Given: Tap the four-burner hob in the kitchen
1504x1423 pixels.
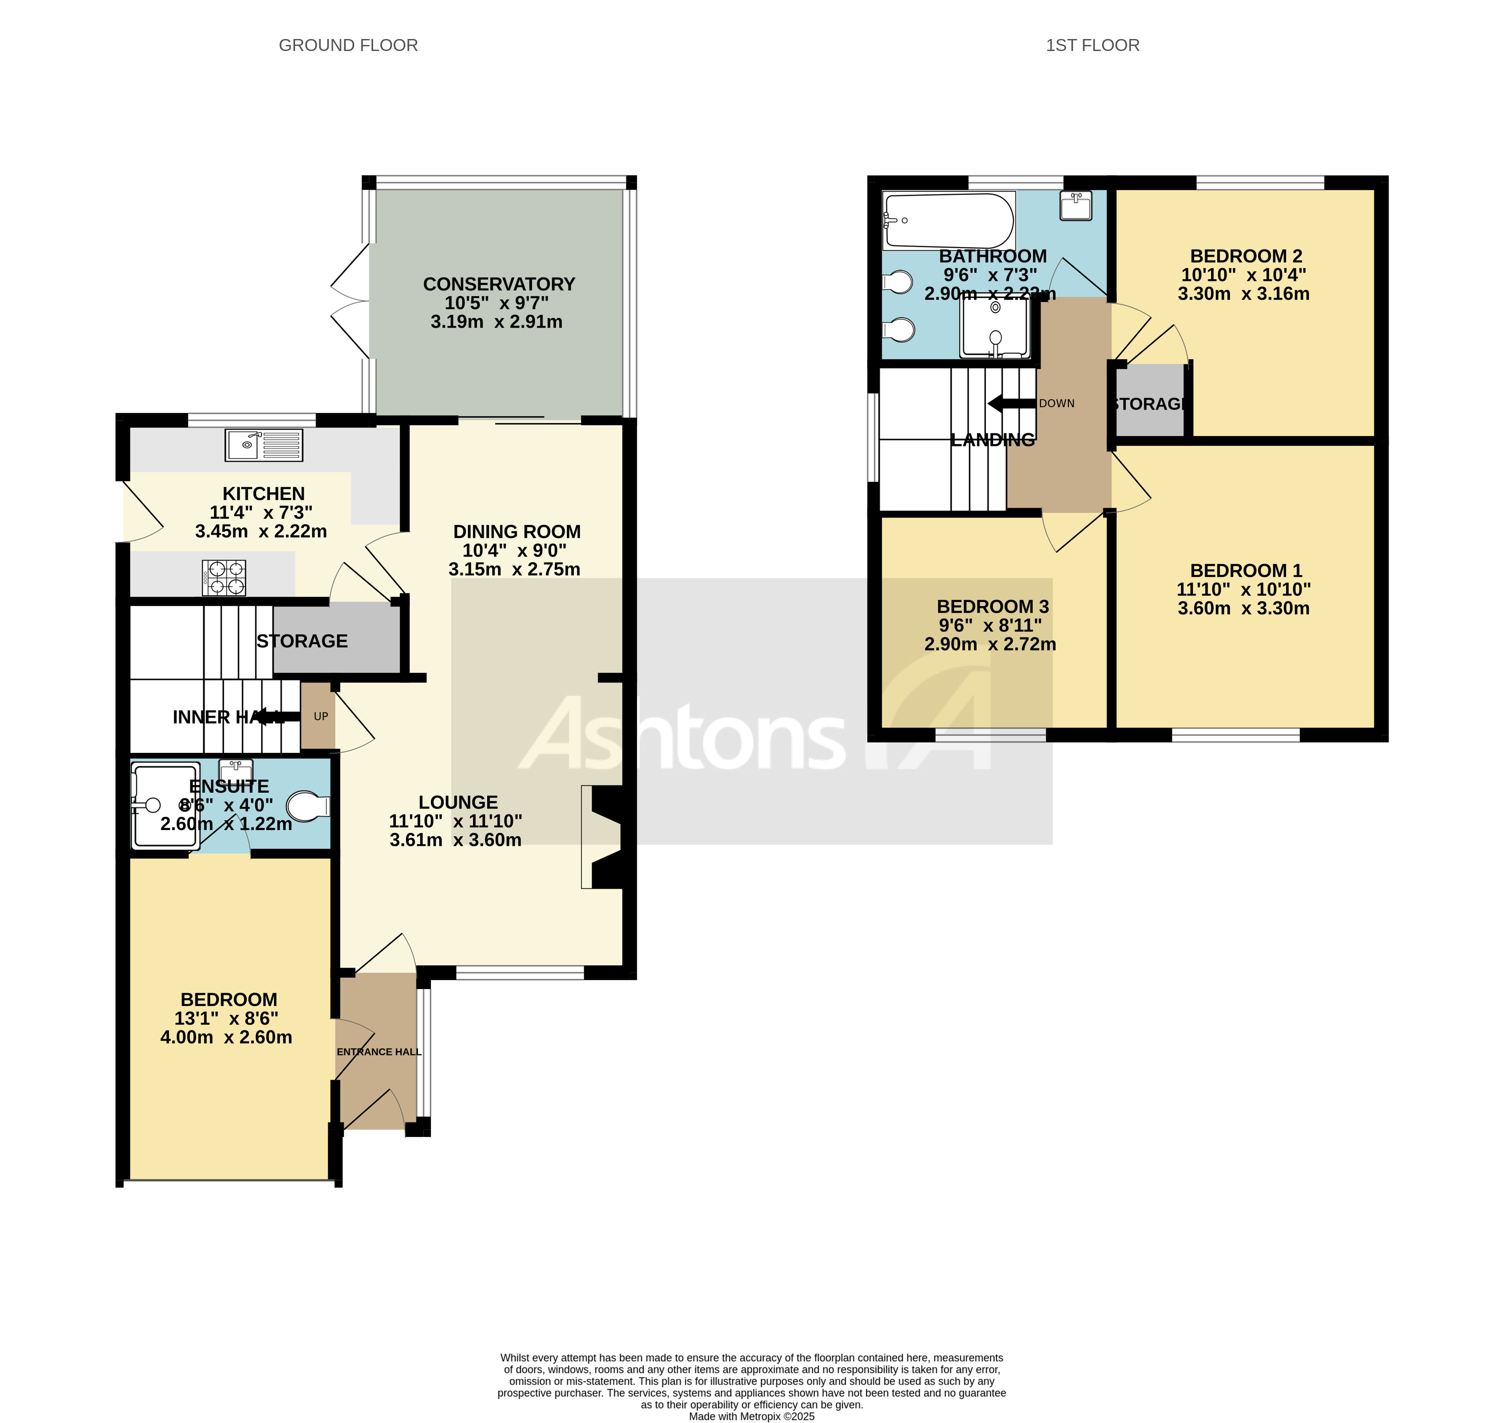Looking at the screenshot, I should click(224, 577).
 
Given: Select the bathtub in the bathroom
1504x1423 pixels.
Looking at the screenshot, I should click(949, 221).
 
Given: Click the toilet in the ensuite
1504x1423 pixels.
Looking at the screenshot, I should click(308, 806).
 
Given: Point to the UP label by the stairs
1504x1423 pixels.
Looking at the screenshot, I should click(321, 716).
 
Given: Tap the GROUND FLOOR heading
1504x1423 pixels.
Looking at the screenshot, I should click(348, 45).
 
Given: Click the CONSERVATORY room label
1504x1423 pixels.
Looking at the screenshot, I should click(499, 284).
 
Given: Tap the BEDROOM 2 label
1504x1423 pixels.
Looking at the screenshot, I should click(1245, 256).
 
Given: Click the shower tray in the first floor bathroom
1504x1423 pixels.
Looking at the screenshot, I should click(995, 328).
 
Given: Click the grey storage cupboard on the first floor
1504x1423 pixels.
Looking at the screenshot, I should click(1150, 400).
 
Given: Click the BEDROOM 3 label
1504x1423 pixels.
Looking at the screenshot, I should click(992, 607).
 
